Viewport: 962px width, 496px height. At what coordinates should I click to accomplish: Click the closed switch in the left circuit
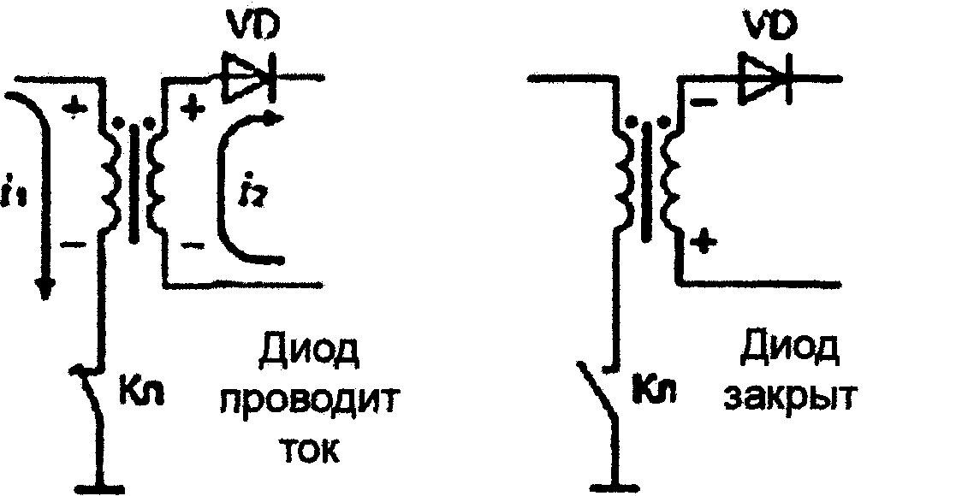pos(92,402)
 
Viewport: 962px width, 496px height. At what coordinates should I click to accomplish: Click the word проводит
pos(307,401)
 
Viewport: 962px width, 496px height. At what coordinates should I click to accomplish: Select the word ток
pos(307,448)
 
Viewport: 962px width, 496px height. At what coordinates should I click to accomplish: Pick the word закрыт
pos(788,399)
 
